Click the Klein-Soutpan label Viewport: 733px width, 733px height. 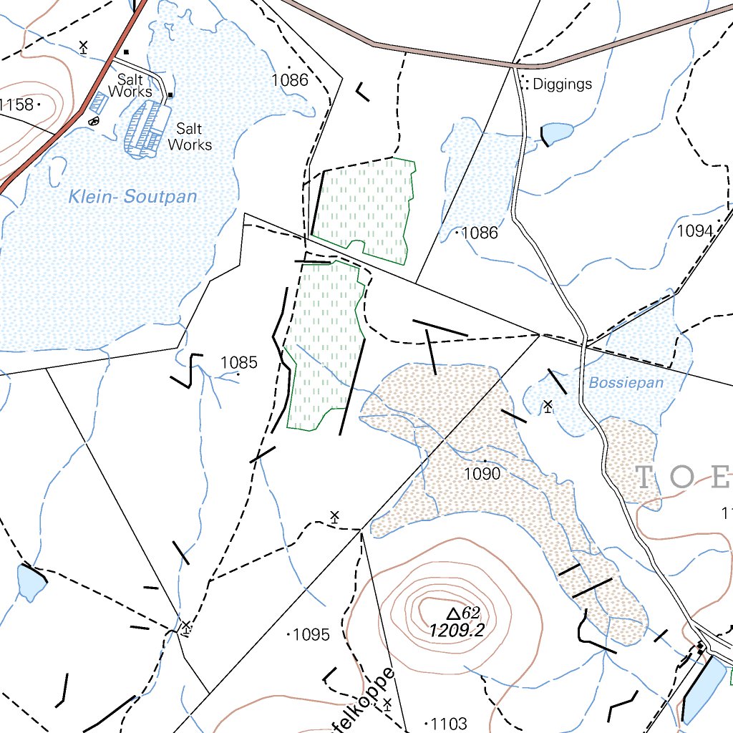(132, 196)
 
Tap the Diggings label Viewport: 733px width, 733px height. (563, 84)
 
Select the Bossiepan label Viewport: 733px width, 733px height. (626, 383)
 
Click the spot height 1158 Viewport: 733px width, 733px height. (17, 105)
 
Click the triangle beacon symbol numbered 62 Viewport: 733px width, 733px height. (452, 613)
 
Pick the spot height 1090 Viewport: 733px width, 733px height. (482, 473)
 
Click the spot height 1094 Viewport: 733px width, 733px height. (696, 230)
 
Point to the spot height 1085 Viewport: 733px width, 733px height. (238, 362)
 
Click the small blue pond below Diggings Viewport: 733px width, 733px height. (558, 132)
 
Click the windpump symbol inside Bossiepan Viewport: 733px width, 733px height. (548, 407)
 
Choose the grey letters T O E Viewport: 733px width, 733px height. (684, 477)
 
